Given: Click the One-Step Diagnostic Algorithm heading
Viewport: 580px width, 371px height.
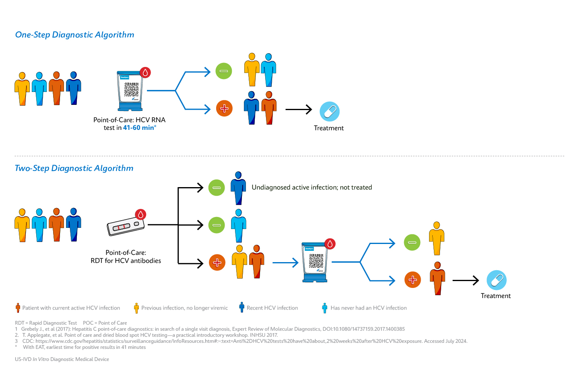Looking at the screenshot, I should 74,35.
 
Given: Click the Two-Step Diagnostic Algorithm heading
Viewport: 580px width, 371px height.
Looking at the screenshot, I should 74,168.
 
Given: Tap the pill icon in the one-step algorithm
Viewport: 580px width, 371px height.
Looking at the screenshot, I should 329,111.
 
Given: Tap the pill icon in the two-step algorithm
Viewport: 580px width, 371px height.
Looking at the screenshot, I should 496,280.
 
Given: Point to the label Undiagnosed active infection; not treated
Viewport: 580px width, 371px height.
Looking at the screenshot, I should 312,188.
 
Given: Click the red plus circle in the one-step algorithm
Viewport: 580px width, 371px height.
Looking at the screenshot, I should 224,108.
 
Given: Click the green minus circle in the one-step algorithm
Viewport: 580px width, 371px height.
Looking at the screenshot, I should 223,71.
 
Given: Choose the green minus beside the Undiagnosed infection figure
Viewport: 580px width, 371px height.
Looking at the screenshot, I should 217,188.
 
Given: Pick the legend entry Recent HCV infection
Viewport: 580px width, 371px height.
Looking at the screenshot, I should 272,308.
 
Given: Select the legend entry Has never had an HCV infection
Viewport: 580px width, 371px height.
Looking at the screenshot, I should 368,308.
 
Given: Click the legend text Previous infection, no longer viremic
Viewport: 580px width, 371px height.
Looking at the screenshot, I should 184,308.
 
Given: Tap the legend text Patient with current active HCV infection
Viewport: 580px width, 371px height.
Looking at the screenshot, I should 71,308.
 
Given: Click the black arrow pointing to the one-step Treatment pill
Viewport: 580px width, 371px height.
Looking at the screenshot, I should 299,109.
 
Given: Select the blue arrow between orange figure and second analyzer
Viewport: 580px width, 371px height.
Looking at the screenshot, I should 285,263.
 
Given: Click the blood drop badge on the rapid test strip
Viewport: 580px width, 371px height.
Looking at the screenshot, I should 140,215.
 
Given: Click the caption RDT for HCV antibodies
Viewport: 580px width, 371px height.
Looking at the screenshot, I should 126,261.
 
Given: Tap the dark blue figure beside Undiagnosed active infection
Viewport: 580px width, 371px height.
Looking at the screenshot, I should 238,188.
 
